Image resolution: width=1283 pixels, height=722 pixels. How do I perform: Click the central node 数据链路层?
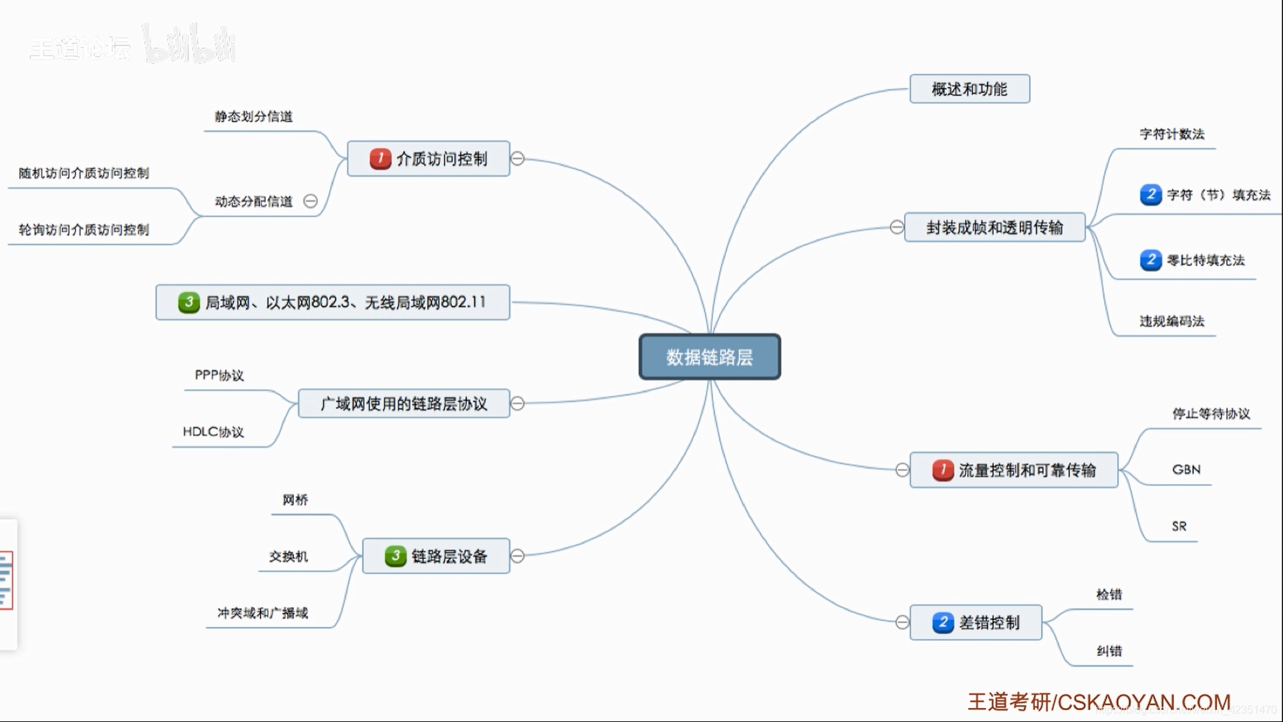[x=710, y=357]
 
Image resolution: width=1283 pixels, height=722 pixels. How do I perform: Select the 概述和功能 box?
[x=970, y=89]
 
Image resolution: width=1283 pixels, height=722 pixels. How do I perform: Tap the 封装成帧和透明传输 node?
[x=994, y=227]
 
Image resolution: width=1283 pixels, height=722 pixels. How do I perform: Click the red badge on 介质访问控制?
[x=380, y=158]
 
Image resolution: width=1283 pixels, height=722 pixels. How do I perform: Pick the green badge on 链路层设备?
[x=396, y=556]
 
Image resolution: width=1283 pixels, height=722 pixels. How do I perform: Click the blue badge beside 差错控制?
[x=943, y=622]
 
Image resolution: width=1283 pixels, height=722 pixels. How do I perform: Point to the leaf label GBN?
[x=1186, y=469]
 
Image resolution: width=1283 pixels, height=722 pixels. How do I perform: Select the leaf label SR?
[x=1179, y=526]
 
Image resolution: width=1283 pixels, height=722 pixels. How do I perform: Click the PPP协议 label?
[x=219, y=375]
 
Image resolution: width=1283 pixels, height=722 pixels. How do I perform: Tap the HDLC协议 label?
[x=213, y=432]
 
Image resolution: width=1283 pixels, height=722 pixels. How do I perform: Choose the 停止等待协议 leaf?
[x=1211, y=414]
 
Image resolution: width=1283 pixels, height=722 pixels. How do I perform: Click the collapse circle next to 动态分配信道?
[x=311, y=201]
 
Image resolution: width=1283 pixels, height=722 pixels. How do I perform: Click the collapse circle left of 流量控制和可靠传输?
[x=902, y=470]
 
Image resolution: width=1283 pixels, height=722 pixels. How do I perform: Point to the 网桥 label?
[x=295, y=500]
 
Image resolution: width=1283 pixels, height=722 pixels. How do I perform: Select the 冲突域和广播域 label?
[x=263, y=613]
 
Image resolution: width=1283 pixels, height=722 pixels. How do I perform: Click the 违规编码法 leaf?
[x=1172, y=322]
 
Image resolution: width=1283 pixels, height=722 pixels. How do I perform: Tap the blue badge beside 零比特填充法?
[x=1151, y=259]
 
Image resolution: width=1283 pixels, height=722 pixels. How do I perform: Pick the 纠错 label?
[x=1109, y=650]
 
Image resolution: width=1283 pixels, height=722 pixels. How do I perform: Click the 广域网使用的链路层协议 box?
[x=404, y=404]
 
